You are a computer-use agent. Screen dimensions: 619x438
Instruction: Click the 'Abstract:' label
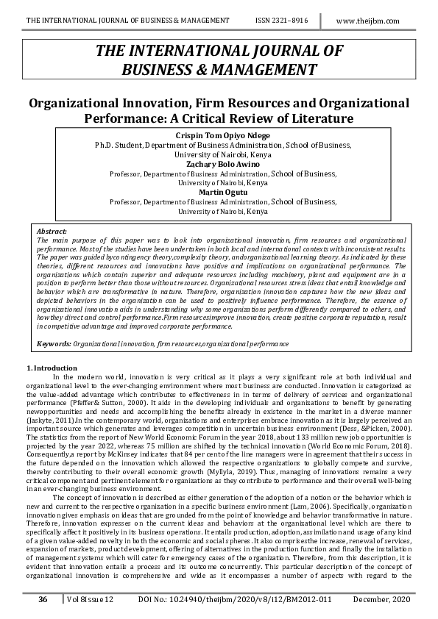pos(52,231)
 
